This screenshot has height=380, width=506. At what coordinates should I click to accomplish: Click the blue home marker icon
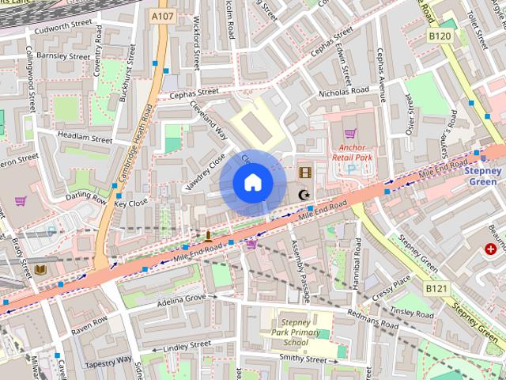[252, 183]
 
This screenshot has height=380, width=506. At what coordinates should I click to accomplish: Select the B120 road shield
[440, 36]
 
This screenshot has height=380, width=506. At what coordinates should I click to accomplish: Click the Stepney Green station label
[482, 176]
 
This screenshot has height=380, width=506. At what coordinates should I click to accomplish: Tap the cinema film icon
[305, 172]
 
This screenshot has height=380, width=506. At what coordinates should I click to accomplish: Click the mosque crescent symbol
[303, 194]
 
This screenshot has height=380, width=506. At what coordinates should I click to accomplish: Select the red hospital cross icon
[491, 249]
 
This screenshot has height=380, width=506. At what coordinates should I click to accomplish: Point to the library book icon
[40, 269]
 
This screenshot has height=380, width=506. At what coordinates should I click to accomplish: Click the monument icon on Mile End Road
[208, 235]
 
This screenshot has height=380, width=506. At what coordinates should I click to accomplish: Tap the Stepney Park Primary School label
[296, 333]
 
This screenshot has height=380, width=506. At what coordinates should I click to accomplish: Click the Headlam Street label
[85, 138]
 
